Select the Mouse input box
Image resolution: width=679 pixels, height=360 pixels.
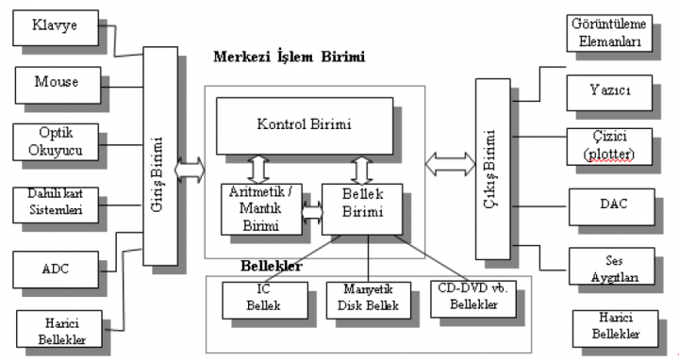[56, 83]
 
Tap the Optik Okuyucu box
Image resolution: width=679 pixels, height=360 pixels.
[56, 141]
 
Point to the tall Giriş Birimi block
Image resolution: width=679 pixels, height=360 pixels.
[159, 155]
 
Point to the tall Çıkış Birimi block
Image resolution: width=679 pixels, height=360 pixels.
[496, 170]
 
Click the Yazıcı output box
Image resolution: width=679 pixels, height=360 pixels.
[610, 92]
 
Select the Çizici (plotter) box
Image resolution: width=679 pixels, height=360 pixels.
[610, 147]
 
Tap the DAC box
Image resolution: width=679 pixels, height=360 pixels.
[610, 203]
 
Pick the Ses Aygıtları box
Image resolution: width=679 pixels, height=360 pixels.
[610, 265]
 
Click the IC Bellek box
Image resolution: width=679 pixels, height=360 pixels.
[265, 298]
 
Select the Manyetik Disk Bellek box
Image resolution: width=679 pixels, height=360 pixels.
[369, 298]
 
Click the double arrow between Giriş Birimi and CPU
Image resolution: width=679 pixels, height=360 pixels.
[190, 172]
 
